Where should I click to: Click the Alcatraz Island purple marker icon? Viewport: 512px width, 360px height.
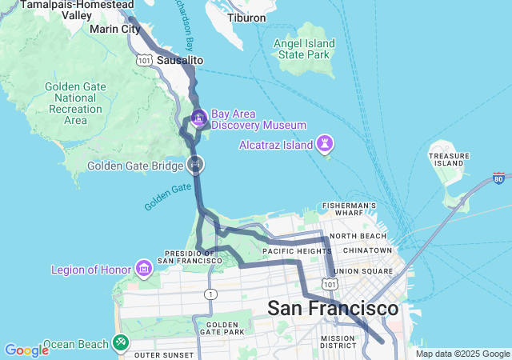pos(326,144)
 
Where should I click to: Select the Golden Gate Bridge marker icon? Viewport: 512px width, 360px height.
pos(194,165)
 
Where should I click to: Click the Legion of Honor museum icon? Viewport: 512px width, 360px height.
pos(144,266)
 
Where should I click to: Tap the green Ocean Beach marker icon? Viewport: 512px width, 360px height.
pos(120,342)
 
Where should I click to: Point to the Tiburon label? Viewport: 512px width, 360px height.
pos(246,18)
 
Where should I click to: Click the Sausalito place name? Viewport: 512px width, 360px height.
pos(180,61)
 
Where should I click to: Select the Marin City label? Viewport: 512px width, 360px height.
pos(115,30)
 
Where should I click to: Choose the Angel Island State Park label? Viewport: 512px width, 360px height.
pos(303,50)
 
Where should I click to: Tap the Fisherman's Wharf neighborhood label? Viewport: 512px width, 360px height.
pos(349,210)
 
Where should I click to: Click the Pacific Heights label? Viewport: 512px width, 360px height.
pos(290,250)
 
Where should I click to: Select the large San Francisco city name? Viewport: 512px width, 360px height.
pos(332,309)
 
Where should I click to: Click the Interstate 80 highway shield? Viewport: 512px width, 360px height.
pos(499,178)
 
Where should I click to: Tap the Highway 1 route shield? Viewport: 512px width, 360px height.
pos(210,294)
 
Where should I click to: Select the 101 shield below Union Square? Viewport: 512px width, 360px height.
pos(330,284)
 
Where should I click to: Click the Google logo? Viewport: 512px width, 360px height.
pos(26,350)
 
